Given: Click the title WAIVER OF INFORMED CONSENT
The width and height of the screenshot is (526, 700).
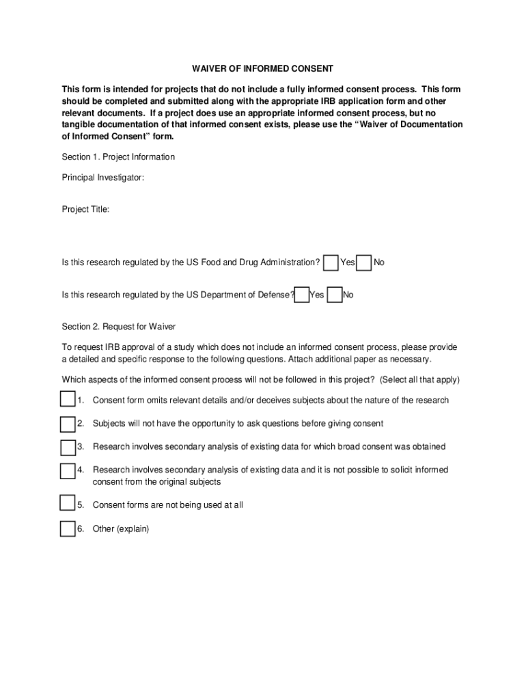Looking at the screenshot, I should point(262,69).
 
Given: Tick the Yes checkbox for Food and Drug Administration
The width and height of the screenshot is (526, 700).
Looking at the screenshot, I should point(331,262).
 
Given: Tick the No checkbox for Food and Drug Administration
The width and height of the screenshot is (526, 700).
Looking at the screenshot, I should point(365,262).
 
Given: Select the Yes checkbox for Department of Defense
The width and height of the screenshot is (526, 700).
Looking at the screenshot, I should point(301,295).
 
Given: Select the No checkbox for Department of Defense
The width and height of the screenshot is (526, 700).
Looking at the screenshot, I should point(335,295).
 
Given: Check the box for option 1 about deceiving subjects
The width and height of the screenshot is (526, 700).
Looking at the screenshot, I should point(67,399).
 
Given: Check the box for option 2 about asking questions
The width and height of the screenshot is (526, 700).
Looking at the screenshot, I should point(67,424).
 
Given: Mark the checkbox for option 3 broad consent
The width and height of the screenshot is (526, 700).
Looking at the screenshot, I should point(67,447).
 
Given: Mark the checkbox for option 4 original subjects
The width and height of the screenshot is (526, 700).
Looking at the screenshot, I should point(67,471).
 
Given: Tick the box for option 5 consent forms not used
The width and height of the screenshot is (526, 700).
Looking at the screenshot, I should point(67,504).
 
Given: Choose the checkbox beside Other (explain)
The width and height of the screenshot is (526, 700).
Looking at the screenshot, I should point(67,528).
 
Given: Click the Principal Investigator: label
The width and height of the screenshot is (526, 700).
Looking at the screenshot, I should point(103,178).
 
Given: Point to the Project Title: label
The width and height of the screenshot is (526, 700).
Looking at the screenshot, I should point(85,209).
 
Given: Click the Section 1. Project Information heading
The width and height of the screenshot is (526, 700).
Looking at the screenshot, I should point(118,157).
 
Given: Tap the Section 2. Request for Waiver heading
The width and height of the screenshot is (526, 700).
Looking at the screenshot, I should point(119,327).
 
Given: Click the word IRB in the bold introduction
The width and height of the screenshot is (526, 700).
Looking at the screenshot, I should point(331,101).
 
